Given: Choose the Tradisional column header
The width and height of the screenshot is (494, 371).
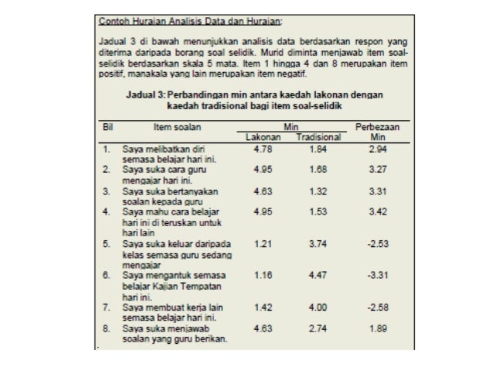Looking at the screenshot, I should (x=318, y=136).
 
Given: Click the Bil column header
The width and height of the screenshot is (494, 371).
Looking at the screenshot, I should (x=108, y=126).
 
